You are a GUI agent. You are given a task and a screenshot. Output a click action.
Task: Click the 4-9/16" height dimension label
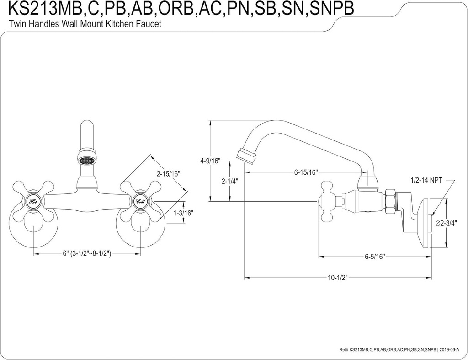210,161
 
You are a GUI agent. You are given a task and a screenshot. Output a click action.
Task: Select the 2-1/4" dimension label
229,181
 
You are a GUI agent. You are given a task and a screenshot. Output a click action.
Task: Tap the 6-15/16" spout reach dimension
305,172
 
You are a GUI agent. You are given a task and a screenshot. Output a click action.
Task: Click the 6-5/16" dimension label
375,257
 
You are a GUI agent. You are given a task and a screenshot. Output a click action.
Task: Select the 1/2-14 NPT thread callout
426,180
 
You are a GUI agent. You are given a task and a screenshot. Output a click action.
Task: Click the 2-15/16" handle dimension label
168,173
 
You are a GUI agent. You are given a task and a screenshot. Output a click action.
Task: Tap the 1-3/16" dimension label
184,213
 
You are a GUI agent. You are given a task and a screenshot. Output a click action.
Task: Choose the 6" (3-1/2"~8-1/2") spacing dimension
88,254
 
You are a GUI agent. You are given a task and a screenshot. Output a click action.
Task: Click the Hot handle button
33,201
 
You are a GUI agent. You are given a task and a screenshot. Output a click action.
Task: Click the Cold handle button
140,201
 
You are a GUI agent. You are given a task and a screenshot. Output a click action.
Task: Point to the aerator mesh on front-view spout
87,161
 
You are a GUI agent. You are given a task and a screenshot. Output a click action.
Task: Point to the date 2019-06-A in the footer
451,349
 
